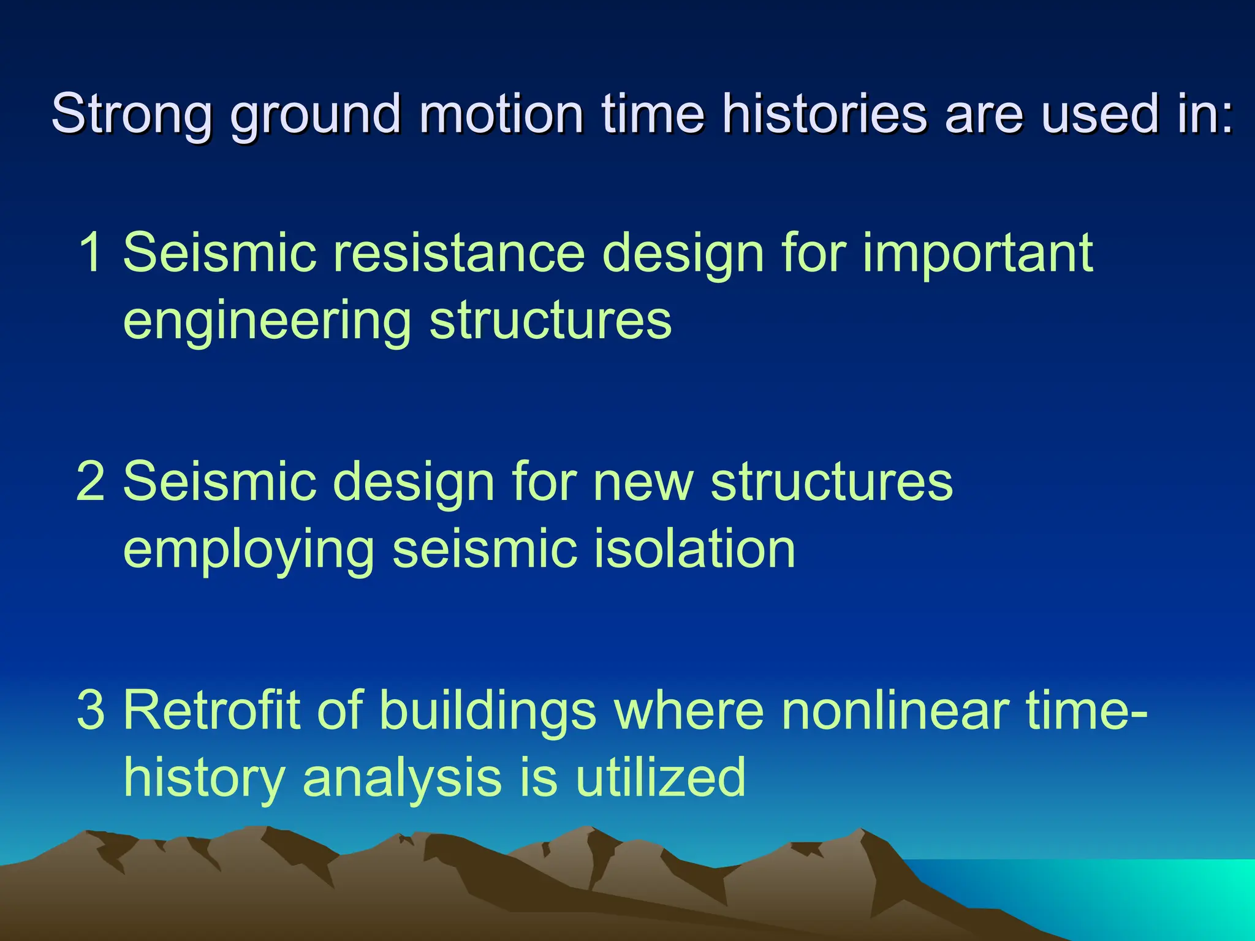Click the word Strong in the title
(132, 115)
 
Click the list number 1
(91, 252)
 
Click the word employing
(249, 550)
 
